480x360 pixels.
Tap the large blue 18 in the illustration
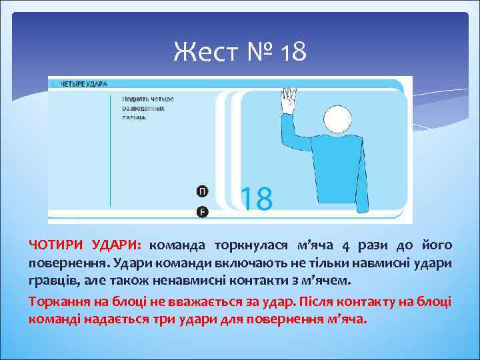(256, 199)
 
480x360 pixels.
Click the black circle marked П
(202, 191)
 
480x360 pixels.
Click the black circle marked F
(202, 212)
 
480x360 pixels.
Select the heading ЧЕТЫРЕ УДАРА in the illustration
(84, 84)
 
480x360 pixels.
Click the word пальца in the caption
(134, 117)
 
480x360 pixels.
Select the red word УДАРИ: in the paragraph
(118, 245)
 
